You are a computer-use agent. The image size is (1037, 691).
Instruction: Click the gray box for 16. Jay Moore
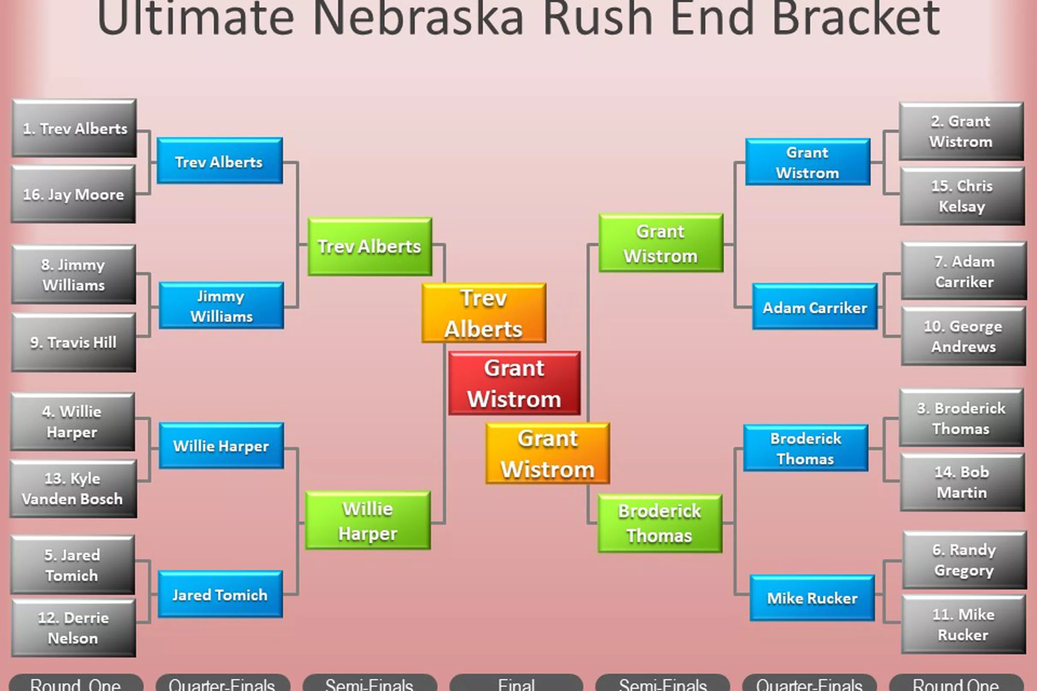[73, 194]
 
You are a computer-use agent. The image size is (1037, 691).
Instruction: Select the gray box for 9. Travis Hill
[73, 342]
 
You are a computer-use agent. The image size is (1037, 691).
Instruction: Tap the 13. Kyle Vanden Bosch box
[73, 489]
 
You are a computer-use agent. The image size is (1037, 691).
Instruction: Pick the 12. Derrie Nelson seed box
[73, 628]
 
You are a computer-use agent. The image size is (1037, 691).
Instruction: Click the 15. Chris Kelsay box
[962, 196]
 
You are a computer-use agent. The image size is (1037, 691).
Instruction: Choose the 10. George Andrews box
[963, 336]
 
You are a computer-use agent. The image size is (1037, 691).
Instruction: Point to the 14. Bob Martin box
[962, 482]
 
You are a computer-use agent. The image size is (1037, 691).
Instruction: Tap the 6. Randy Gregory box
[964, 559]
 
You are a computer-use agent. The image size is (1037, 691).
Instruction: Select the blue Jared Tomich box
[220, 595]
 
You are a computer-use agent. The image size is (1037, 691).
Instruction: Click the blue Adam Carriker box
[815, 307]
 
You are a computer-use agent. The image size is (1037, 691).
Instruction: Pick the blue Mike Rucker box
[812, 598]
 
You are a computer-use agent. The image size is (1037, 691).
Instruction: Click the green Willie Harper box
[368, 520]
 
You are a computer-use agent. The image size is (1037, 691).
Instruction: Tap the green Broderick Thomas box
[660, 523]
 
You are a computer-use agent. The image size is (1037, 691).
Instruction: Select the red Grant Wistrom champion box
[514, 383]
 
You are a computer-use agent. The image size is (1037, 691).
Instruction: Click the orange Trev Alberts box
[483, 313]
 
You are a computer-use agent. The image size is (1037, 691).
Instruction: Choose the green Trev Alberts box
[369, 246]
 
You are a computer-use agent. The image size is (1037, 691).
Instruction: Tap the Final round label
[516, 684]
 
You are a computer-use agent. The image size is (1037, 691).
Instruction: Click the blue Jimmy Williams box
[221, 306]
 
